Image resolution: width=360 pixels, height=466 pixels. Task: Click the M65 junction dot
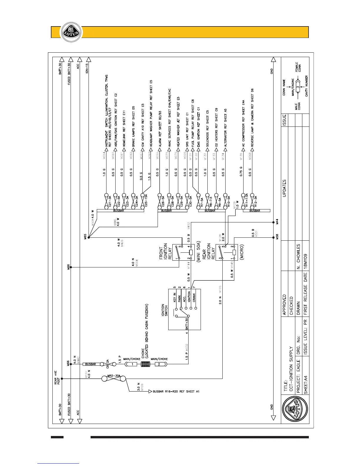pyautogui.click(x=89, y=237)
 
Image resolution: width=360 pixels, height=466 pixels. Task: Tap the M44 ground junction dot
pyautogui.click(x=273, y=222)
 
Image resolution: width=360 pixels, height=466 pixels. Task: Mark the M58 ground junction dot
pyautogui.click(x=273, y=237)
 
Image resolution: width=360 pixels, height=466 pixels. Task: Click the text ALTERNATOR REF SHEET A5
pyautogui.click(x=226, y=128)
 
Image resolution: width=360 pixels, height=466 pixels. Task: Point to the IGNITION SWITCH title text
pyautogui.click(x=164, y=310)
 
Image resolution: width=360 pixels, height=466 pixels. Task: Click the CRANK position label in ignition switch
pyautogui.click(x=194, y=297)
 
